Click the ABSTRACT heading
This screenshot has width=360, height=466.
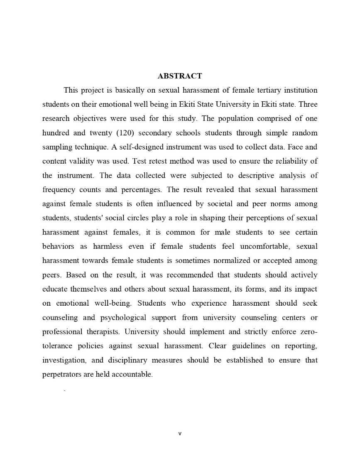tap(180, 76)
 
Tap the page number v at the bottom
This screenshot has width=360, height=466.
tap(180, 434)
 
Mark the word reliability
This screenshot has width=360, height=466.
tap(291, 161)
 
